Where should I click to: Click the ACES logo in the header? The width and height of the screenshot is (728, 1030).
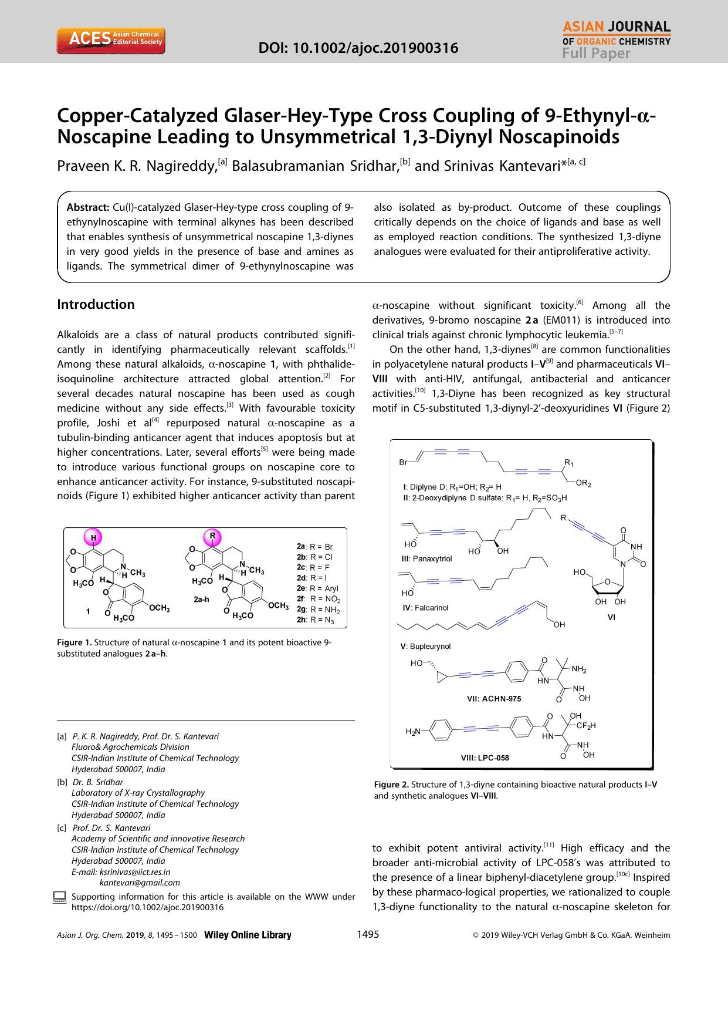[110, 40]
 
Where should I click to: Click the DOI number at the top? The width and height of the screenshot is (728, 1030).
[358, 48]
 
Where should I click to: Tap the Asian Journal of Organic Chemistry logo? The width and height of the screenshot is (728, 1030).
[616, 40]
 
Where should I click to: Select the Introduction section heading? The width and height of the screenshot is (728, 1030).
[96, 304]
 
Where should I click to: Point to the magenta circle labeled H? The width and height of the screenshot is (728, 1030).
[93, 537]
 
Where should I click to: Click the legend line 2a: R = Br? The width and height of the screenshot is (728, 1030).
[315, 546]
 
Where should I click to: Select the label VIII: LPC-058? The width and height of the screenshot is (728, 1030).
[485, 758]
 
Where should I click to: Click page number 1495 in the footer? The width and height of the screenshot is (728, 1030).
[368, 935]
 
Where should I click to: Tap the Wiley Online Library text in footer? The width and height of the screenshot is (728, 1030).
[247, 935]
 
